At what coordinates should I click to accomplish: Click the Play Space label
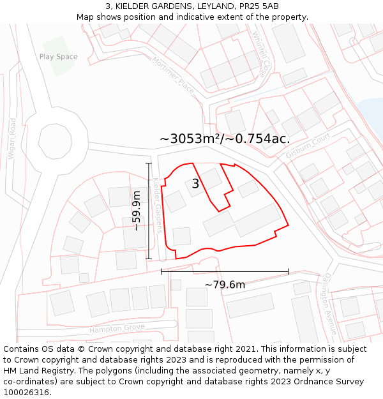[x=58, y=57]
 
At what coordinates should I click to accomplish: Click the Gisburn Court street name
[x=308, y=146]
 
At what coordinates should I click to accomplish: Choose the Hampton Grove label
[x=117, y=328]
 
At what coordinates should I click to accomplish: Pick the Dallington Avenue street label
[x=329, y=303]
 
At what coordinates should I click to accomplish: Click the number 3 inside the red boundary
[x=195, y=184]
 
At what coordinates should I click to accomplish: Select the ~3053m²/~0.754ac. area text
[x=225, y=139]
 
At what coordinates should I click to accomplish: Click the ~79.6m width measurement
[x=225, y=284]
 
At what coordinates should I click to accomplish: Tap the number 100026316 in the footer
[x=27, y=393]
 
